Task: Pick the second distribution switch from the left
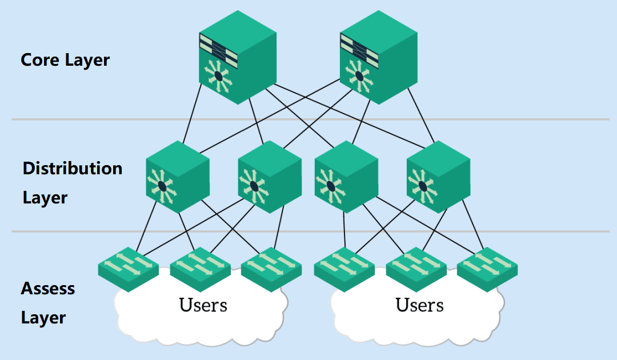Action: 269,177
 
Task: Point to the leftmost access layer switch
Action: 128,268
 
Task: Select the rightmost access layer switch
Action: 487,268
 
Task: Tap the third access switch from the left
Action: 271,268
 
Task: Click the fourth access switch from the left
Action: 344,268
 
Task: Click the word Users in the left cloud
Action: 203,305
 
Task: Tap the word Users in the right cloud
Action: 419,305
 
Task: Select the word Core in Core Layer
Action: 41,60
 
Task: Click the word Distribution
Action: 73,169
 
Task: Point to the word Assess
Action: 48,289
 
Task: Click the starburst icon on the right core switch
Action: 359,75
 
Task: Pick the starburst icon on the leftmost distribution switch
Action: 163,186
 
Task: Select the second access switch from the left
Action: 200,268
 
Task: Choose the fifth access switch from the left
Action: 416,268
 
